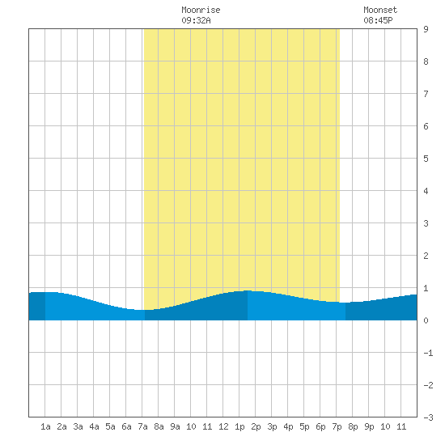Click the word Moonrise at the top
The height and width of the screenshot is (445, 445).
(201, 10)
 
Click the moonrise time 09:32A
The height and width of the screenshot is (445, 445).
(196, 20)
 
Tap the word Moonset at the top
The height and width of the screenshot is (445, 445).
(380, 10)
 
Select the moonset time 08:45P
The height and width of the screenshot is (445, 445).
(378, 20)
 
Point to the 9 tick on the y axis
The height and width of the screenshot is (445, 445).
(426, 29)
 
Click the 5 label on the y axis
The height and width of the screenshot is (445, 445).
(426, 159)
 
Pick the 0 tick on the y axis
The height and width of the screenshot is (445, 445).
(426, 320)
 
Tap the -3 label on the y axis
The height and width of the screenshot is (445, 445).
(428, 417)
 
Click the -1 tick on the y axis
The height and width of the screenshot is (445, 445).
(428, 353)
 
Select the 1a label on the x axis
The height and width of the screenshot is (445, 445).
(45, 426)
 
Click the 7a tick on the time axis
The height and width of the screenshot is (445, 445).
(142, 426)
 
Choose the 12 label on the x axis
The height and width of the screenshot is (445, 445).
(223, 426)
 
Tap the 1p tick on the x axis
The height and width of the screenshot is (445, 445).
(239, 426)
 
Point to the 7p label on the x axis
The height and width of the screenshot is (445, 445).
(337, 426)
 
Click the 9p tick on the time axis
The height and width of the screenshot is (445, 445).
(369, 426)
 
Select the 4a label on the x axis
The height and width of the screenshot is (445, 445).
(94, 426)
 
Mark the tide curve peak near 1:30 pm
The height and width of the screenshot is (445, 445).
(248, 290)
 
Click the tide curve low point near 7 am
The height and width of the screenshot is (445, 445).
(140, 310)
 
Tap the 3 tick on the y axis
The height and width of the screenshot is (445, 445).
(426, 223)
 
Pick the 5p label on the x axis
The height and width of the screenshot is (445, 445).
(304, 426)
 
